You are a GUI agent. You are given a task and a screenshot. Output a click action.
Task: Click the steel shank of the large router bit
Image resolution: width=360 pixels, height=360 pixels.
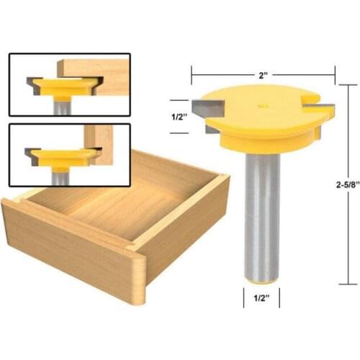(261, 216)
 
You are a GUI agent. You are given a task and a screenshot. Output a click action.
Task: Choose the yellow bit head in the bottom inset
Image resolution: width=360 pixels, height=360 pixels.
(63, 157)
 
